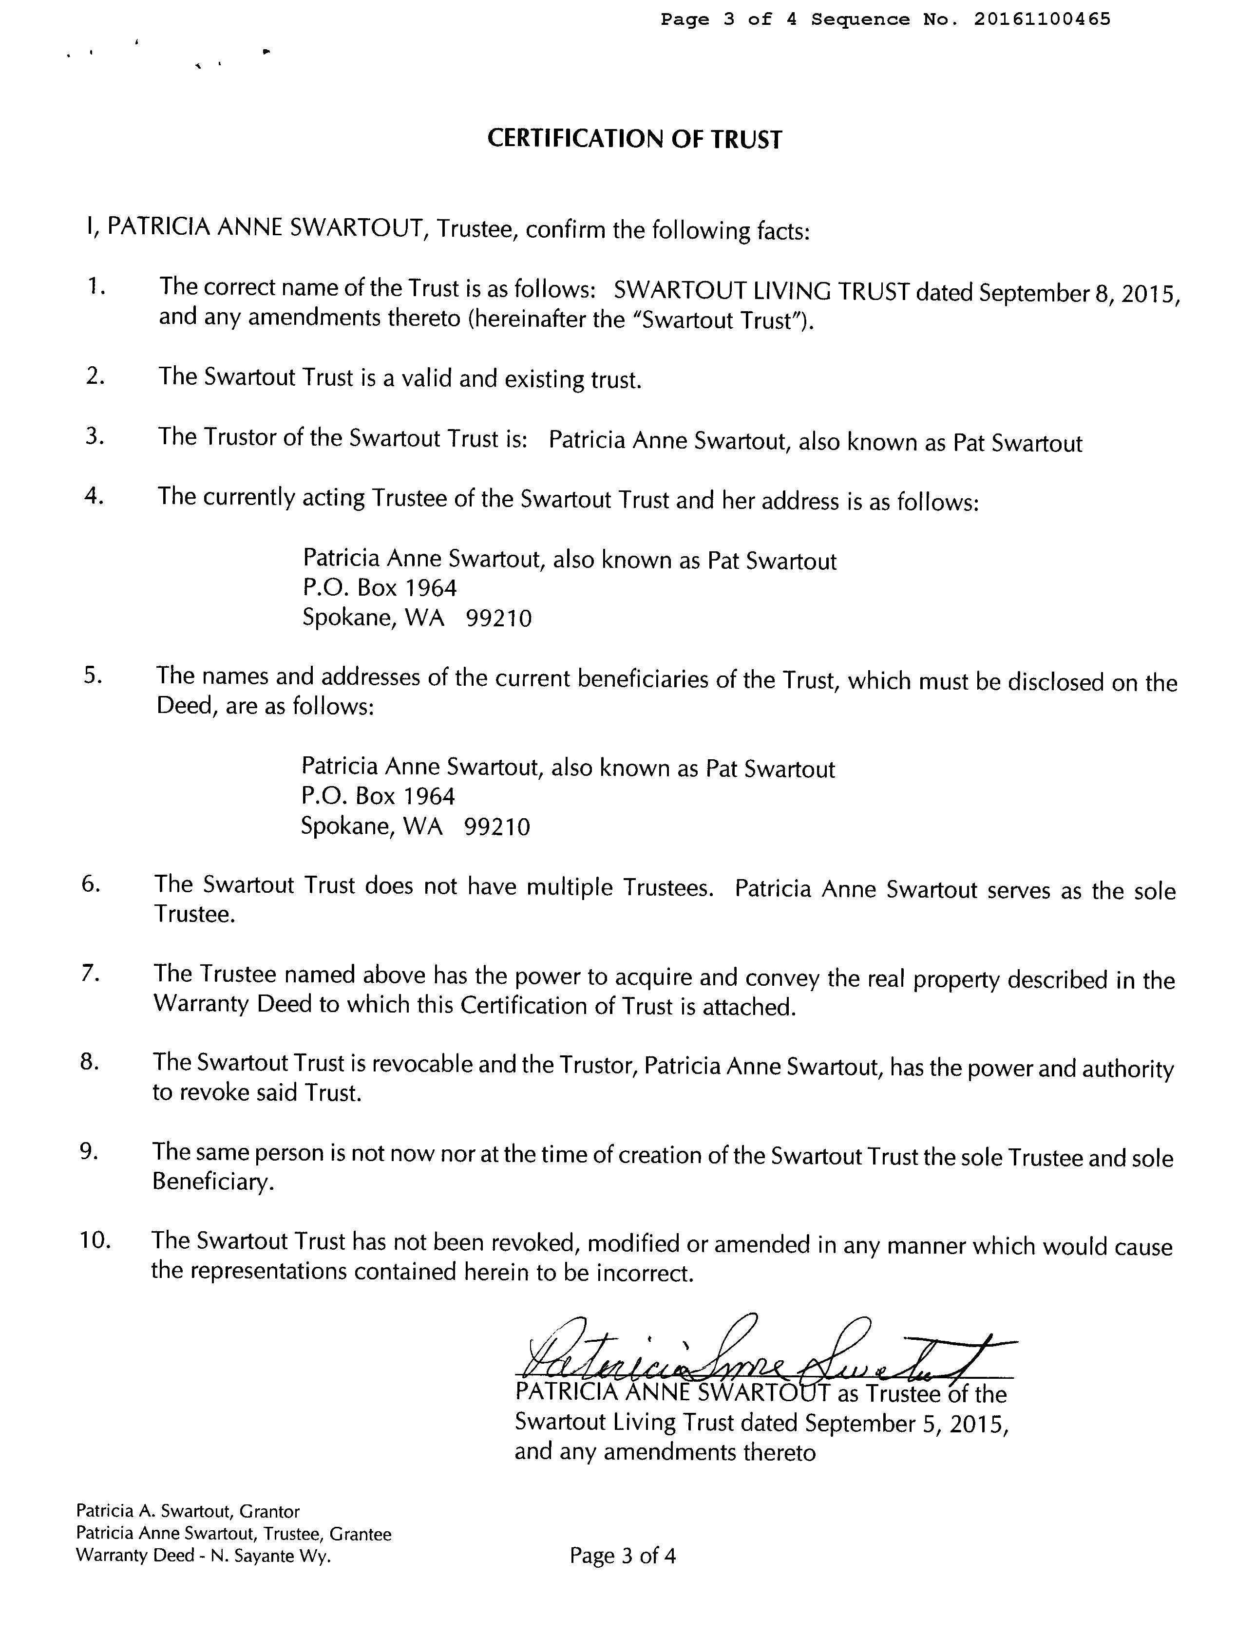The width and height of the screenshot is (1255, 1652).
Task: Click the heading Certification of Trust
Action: pos(634,140)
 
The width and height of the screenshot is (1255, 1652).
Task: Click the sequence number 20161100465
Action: pos(1042,19)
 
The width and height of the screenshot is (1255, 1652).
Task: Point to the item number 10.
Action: pos(95,1240)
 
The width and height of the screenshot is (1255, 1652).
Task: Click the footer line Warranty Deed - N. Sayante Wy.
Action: pos(203,1557)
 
